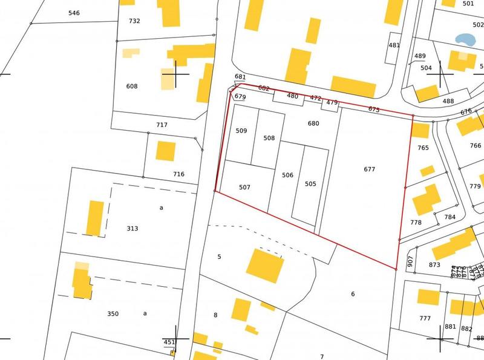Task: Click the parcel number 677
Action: click(370, 169)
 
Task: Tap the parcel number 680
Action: click(313, 123)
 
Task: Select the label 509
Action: click(241, 131)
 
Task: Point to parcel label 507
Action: click(244, 188)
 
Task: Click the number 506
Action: click(287, 175)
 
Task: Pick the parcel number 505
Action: click(310, 184)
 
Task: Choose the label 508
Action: click(269, 138)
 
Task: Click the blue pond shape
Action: click(465, 39)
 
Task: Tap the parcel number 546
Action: click(74, 13)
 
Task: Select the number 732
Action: click(134, 21)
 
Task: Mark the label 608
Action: click(132, 86)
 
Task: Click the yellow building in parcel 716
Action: click(165, 151)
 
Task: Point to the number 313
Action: click(132, 229)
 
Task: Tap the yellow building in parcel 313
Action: click(95, 218)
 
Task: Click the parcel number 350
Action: click(113, 313)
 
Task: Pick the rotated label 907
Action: click(410, 261)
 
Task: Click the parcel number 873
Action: click(434, 265)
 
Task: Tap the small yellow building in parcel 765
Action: click(427, 171)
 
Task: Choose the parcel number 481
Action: click(394, 45)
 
